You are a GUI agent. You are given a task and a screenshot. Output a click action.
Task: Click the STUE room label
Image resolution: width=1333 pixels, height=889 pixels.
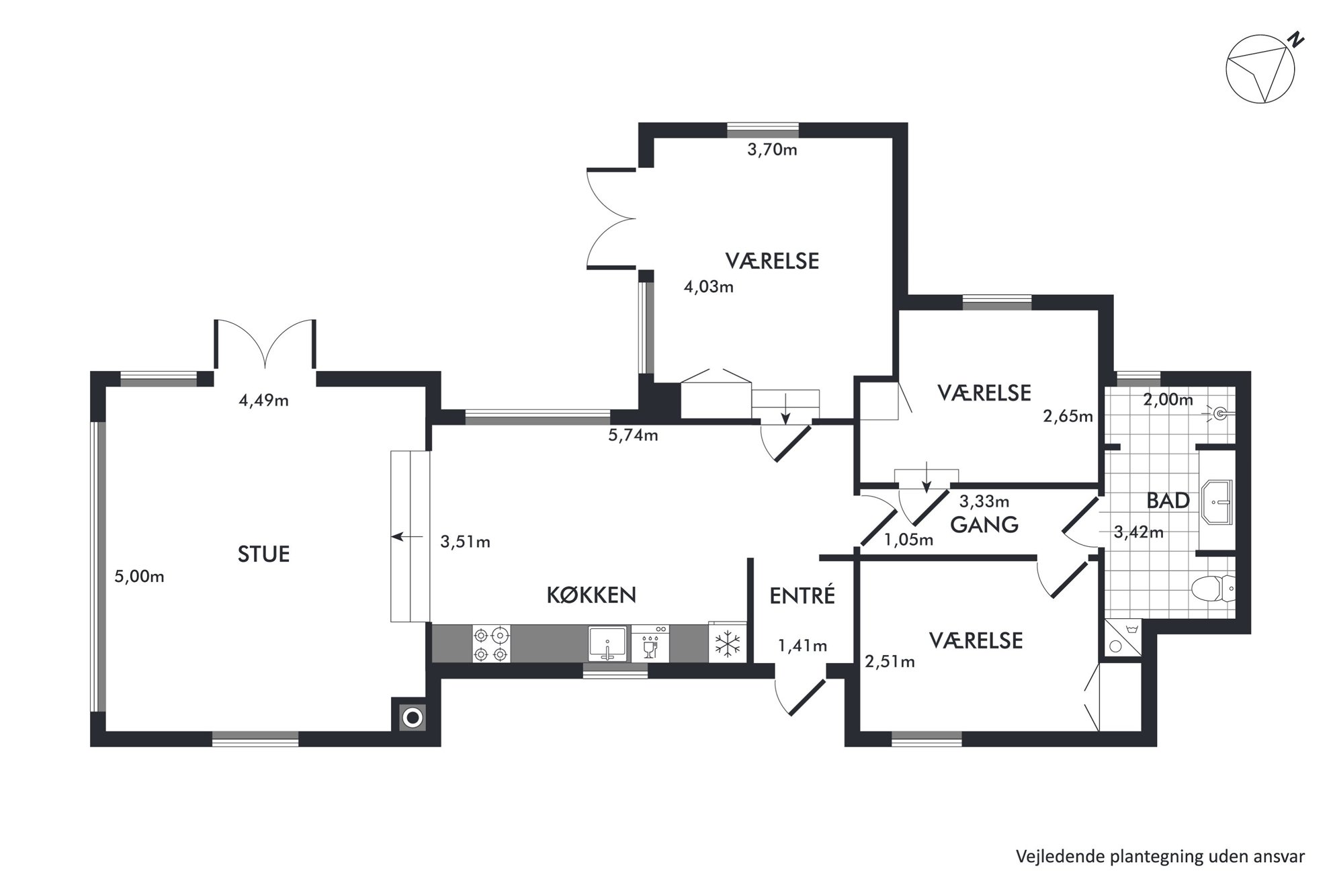click(263, 554)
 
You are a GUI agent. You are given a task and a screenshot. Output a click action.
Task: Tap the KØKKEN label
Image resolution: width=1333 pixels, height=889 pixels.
click(591, 595)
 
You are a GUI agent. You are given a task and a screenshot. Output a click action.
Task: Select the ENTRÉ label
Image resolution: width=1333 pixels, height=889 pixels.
click(802, 595)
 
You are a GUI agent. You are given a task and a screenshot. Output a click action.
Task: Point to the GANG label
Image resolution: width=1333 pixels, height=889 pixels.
click(984, 524)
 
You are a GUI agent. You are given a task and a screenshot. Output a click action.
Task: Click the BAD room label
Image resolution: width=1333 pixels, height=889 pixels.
click(1168, 501)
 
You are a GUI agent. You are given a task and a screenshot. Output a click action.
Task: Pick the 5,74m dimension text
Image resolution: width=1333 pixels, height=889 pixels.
click(633, 435)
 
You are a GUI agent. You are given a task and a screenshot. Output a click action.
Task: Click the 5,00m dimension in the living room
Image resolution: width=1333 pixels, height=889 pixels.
click(139, 577)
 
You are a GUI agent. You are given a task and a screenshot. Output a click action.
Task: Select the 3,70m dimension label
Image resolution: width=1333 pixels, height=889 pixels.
click(772, 150)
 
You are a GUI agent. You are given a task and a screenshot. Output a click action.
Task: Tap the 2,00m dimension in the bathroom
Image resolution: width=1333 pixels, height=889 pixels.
click(1168, 400)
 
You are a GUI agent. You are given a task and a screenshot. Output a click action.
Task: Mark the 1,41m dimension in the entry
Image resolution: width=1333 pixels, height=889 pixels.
click(802, 646)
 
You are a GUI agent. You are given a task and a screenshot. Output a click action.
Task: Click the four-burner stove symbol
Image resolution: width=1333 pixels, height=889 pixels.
click(491, 644)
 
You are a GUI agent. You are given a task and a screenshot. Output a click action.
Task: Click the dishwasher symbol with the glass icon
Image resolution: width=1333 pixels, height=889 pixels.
click(650, 644)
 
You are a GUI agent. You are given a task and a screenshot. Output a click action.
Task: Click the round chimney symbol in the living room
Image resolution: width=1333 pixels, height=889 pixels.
click(413, 718)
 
